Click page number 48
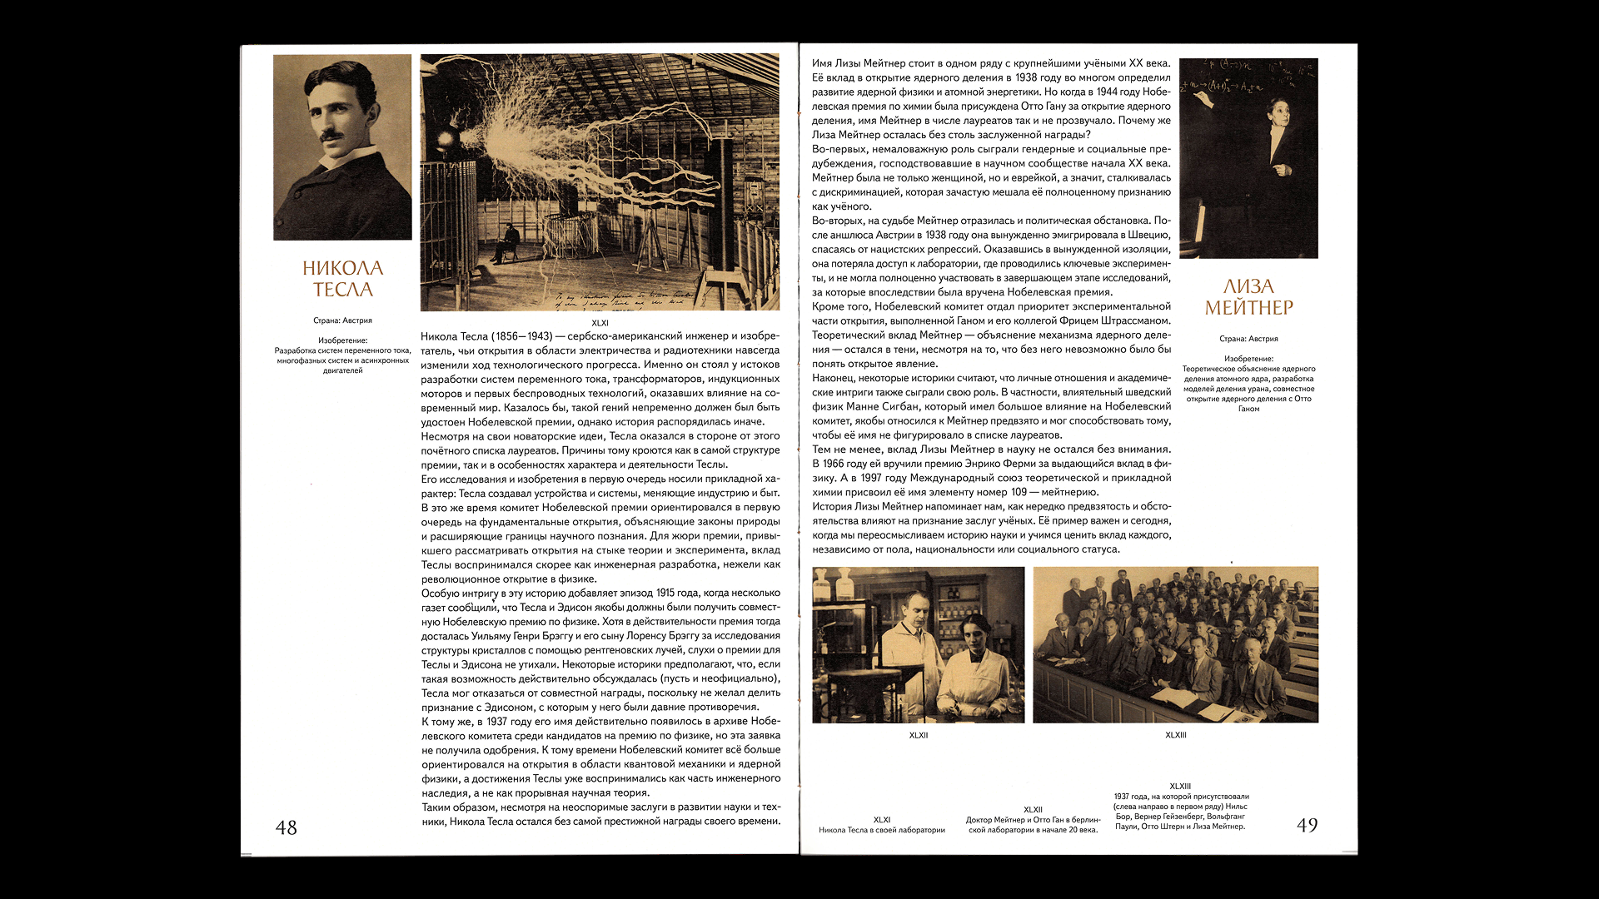(x=286, y=827)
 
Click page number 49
(x=1307, y=825)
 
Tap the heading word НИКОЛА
(x=342, y=268)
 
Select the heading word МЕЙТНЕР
(x=1248, y=308)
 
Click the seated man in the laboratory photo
(x=506, y=241)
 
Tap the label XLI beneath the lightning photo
(x=600, y=323)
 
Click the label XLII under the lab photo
(x=918, y=735)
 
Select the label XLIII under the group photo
(x=1175, y=735)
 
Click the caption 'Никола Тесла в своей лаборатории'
(x=881, y=830)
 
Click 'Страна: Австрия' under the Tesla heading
(x=342, y=320)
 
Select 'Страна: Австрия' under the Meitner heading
(x=1248, y=339)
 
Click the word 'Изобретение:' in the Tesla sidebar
(x=342, y=340)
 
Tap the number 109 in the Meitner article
(x=1019, y=492)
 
